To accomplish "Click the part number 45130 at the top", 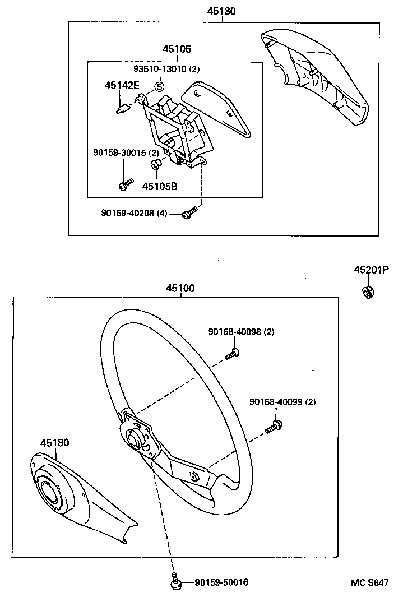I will coord(222,11).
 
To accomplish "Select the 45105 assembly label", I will coord(177,49).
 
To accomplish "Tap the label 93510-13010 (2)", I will coord(166,69).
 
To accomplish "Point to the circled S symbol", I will coord(159,86).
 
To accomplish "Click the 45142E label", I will coord(121,86).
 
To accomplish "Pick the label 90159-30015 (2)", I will coord(126,153).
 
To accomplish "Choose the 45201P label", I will coord(370,270).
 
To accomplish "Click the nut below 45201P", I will coord(368,291).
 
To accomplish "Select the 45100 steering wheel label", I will coord(180,289).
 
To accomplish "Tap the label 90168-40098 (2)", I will coord(241,332).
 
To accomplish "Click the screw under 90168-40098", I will coord(233,353).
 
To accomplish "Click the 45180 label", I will coord(54,443).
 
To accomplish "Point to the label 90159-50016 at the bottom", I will coord(222,583).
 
